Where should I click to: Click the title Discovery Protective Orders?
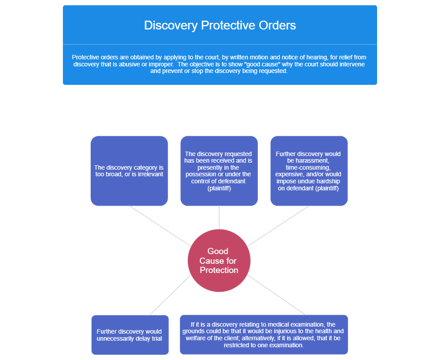[x=220, y=25]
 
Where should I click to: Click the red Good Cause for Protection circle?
[x=219, y=260]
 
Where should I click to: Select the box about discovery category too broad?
[x=129, y=171]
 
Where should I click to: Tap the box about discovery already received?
[x=219, y=171]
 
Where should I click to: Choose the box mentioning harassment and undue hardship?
[x=308, y=171]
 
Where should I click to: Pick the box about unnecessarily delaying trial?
[x=129, y=335]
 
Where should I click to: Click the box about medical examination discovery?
[x=264, y=335]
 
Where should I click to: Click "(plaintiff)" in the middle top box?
[x=219, y=188]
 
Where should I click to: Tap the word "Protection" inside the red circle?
[x=219, y=270]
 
